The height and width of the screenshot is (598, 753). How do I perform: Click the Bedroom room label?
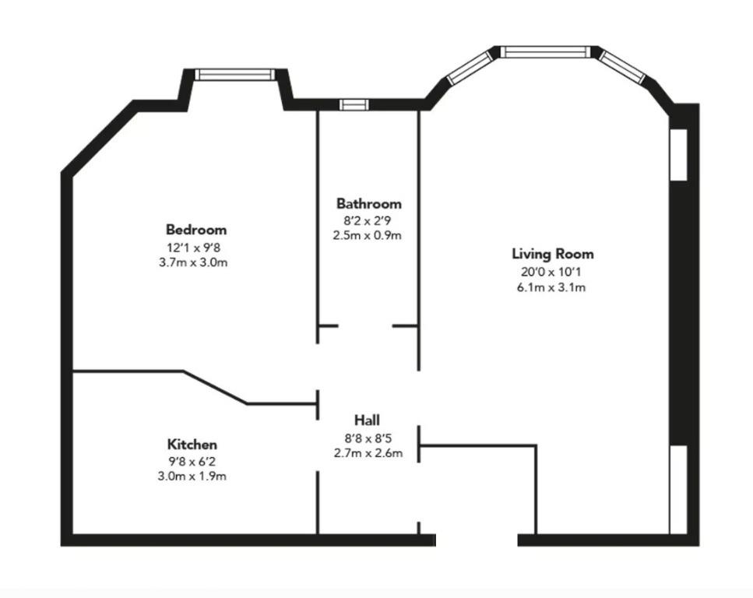(196, 230)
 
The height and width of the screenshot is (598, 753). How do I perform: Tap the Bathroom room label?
(369, 204)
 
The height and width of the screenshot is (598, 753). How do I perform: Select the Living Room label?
(553, 254)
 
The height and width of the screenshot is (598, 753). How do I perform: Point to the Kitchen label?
(192, 445)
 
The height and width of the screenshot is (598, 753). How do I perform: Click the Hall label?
(367, 420)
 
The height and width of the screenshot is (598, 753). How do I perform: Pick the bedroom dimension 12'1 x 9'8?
(194, 248)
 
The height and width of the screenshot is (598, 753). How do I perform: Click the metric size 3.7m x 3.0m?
(193, 262)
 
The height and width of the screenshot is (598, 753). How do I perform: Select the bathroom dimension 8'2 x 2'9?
(368, 221)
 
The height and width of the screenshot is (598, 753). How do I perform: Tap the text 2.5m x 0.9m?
(368, 236)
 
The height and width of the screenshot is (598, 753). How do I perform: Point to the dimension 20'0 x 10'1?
(551, 273)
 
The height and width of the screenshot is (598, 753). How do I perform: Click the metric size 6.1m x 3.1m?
(551, 288)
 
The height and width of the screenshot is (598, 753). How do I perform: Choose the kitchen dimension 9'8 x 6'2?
(192, 462)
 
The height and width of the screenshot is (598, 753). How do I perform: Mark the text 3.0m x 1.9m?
(192, 477)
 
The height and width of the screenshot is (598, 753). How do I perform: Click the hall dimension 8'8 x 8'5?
(368, 438)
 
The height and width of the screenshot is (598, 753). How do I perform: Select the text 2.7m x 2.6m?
(368, 453)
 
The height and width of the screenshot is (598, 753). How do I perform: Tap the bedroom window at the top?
(235, 75)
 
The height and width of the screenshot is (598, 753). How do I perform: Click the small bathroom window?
(354, 104)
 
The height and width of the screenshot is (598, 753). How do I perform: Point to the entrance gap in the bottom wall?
(477, 540)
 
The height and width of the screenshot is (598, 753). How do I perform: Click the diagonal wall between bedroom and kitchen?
(215, 387)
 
